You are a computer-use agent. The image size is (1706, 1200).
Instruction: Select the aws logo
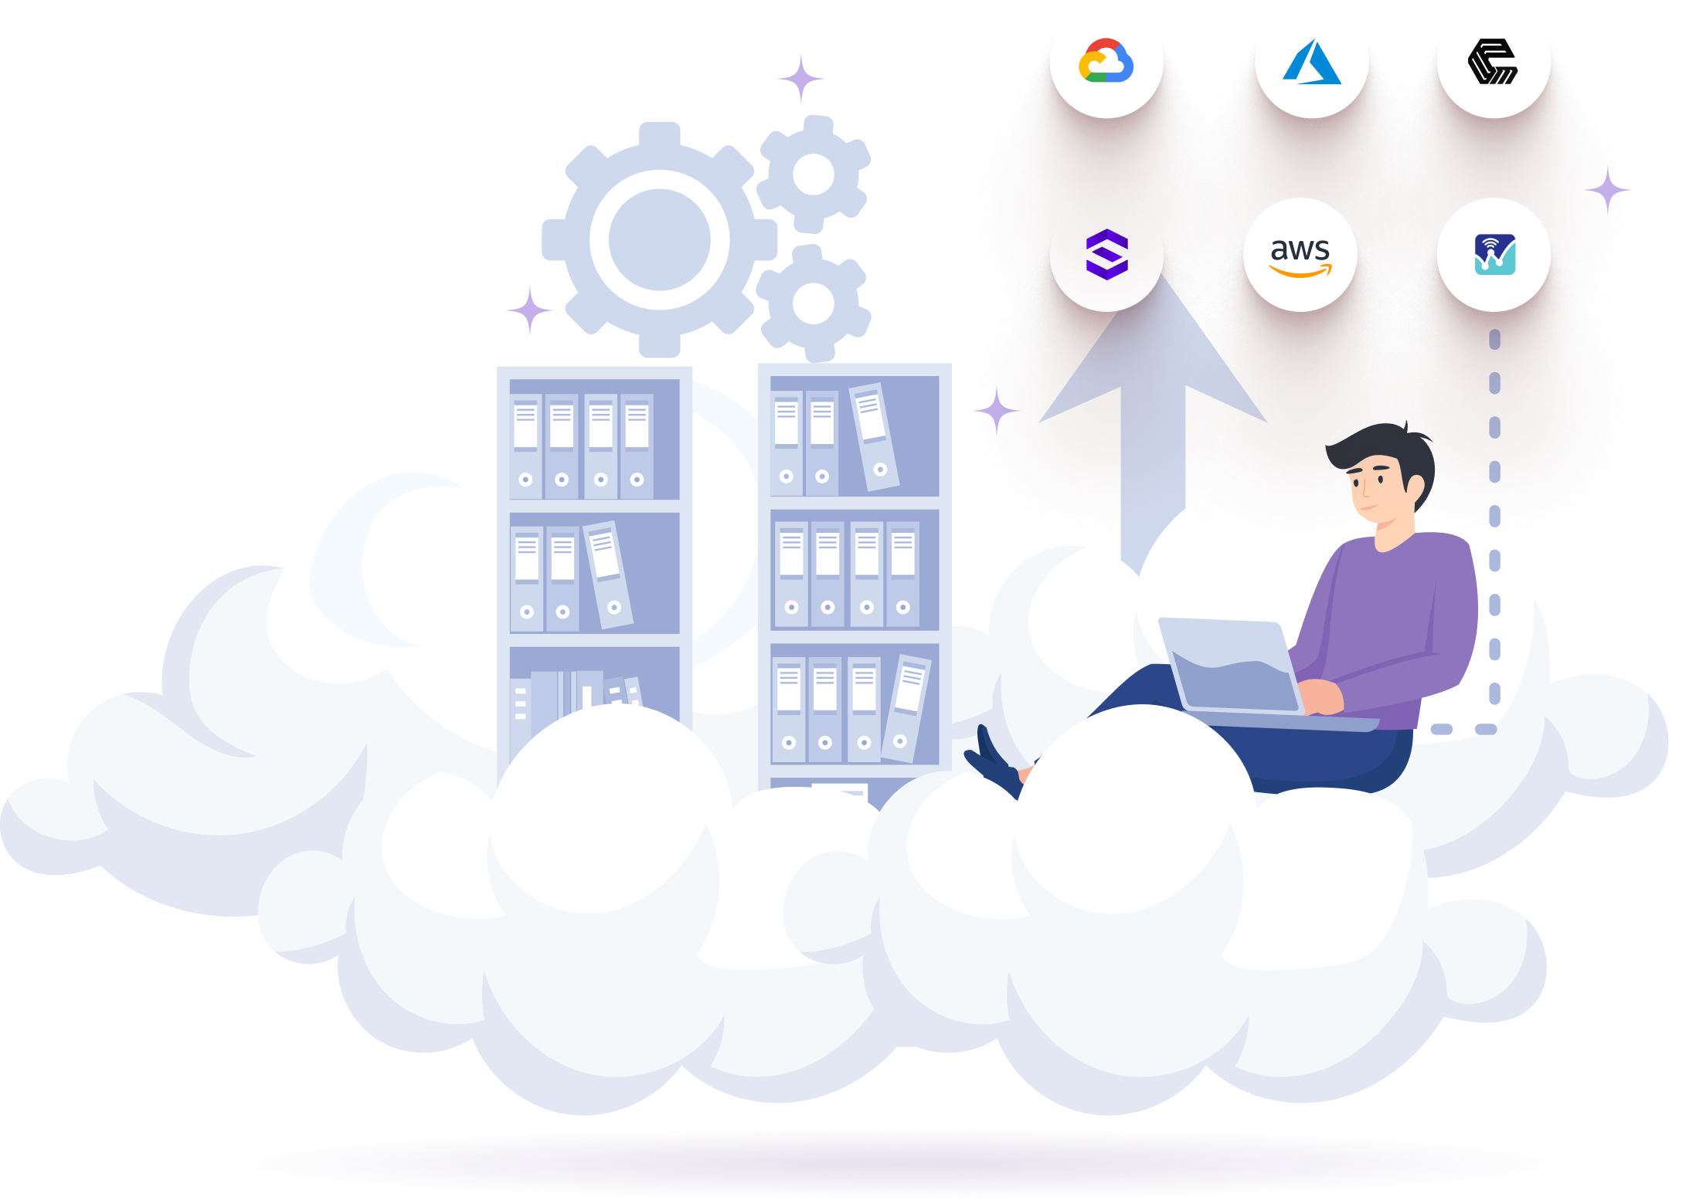coord(1300,256)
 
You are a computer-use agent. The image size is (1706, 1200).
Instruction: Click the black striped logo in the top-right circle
coord(1493,61)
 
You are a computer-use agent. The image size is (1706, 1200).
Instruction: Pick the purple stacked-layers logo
coord(1107,254)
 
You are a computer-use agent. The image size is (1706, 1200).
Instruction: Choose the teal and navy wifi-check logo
coord(1495,255)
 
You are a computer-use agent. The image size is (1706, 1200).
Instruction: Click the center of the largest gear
coord(659,239)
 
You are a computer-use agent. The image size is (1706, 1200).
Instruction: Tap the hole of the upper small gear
coord(814,175)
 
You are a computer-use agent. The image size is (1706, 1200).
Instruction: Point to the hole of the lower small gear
coord(814,303)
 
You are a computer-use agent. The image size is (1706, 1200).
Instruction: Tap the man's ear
coord(1415,486)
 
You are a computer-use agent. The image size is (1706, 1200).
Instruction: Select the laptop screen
coord(1231,666)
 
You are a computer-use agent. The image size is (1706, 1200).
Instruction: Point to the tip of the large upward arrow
coord(1160,274)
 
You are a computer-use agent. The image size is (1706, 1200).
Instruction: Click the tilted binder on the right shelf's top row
coord(874,436)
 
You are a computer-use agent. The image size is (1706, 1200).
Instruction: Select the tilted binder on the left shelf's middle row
coord(608,575)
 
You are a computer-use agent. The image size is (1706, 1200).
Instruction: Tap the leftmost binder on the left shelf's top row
coord(525,446)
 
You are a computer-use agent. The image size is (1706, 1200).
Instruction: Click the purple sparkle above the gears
coord(801,79)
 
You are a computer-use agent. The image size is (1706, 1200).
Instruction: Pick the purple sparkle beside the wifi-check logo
coord(1608,190)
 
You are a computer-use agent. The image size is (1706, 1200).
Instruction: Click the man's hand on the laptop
coord(1320,696)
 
